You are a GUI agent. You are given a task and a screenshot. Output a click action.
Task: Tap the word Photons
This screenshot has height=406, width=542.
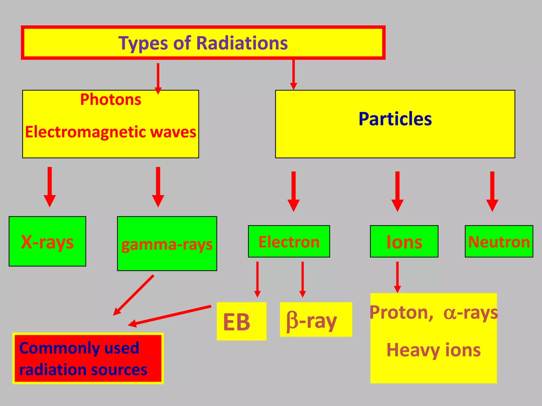pyautogui.click(x=111, y=100)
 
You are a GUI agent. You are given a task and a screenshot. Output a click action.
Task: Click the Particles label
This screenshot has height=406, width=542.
pyautogui.click(x=395, y=119)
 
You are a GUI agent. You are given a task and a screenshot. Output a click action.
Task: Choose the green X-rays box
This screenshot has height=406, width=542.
pyautogui.click(x=47, y=241)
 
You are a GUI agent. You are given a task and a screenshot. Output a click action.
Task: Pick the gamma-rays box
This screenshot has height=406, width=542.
pyautogui.click(x=167, y=244)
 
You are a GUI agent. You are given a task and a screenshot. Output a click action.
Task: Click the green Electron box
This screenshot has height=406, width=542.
pyautogui.click(x=289, y=241)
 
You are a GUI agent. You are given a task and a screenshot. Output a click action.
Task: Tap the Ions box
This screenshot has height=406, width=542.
pyautogui.click(x=404, y=241)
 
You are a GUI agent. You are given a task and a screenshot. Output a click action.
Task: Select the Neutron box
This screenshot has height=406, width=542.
pyautogui.click(x=499, y=241)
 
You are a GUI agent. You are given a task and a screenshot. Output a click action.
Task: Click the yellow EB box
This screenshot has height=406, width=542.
pyautogui.click(x=241, y=321)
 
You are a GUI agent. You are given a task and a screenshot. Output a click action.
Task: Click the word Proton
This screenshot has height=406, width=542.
pyautogui.click(x=401, y=312)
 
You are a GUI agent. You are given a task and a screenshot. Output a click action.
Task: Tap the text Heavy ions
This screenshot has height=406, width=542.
pyautogui.click(x=433, y=350)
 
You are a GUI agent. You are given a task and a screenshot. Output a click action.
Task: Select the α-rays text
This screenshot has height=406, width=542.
pyautogui.click(x=471, y=313)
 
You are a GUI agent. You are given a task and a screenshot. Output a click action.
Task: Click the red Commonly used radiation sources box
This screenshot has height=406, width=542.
pyautogui.click(x=88, y=358)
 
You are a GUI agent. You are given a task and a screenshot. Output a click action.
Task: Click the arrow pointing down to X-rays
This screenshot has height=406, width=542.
pyautogui.click(x=50, y=187)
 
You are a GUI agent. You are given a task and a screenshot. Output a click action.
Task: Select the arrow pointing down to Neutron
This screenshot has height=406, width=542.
pyautogui.click(x=492, y=191)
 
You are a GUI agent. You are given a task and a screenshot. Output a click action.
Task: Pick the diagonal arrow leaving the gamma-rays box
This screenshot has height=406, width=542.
pyautogui.click(x=134, y=295)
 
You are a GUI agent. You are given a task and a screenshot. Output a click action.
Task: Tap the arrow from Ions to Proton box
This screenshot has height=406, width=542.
pyautogui.click(x=397, y=277)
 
